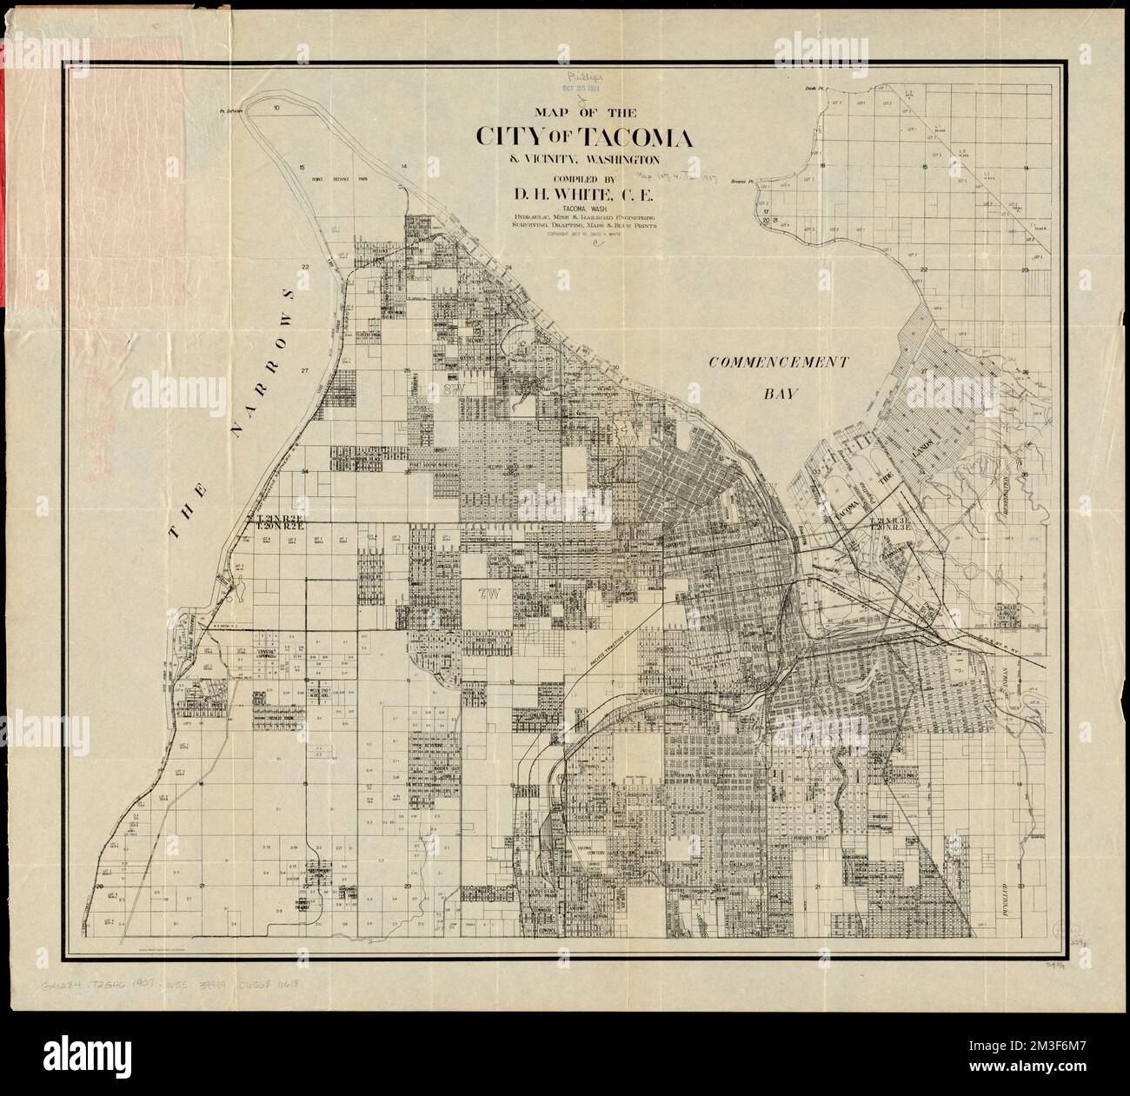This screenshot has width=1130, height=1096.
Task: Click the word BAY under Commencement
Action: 780,394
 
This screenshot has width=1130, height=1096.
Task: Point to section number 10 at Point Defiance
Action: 276,107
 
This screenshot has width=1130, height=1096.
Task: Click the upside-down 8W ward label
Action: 451,395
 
